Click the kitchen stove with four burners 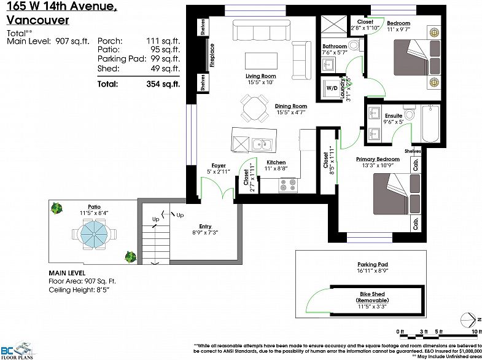(x=288, y=184)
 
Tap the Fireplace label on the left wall (x=212, y=55)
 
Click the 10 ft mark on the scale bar (x=473, y=332)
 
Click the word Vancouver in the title (x=38, y=20)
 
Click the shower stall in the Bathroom (x=335, y=26)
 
